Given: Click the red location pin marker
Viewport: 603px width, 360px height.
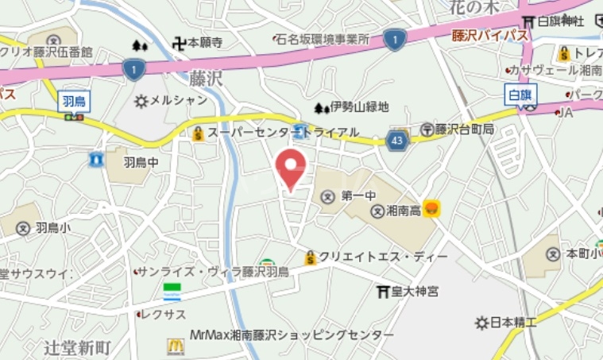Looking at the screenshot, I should pos(291,166).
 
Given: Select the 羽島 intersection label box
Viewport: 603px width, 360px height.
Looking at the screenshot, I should pos(74,100).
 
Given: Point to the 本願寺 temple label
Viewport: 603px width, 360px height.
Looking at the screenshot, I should pos(204,43).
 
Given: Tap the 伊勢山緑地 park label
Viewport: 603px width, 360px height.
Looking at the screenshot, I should pos(360,107).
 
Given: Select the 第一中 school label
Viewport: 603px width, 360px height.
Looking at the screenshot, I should pos(358,195).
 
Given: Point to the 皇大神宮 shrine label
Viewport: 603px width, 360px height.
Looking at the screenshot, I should pos(416,292).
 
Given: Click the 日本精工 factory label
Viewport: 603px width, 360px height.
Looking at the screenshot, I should pos(512,323).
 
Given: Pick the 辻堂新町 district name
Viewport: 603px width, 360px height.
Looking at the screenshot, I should pos(77,347).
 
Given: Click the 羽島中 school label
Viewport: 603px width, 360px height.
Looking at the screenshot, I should pos(141,162).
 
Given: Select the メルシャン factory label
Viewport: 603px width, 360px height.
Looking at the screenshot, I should pos(178,101).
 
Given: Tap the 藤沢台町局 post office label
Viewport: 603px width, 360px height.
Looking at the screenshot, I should pos(464,129).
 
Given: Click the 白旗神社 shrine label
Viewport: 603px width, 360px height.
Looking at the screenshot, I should pos(561,20).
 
